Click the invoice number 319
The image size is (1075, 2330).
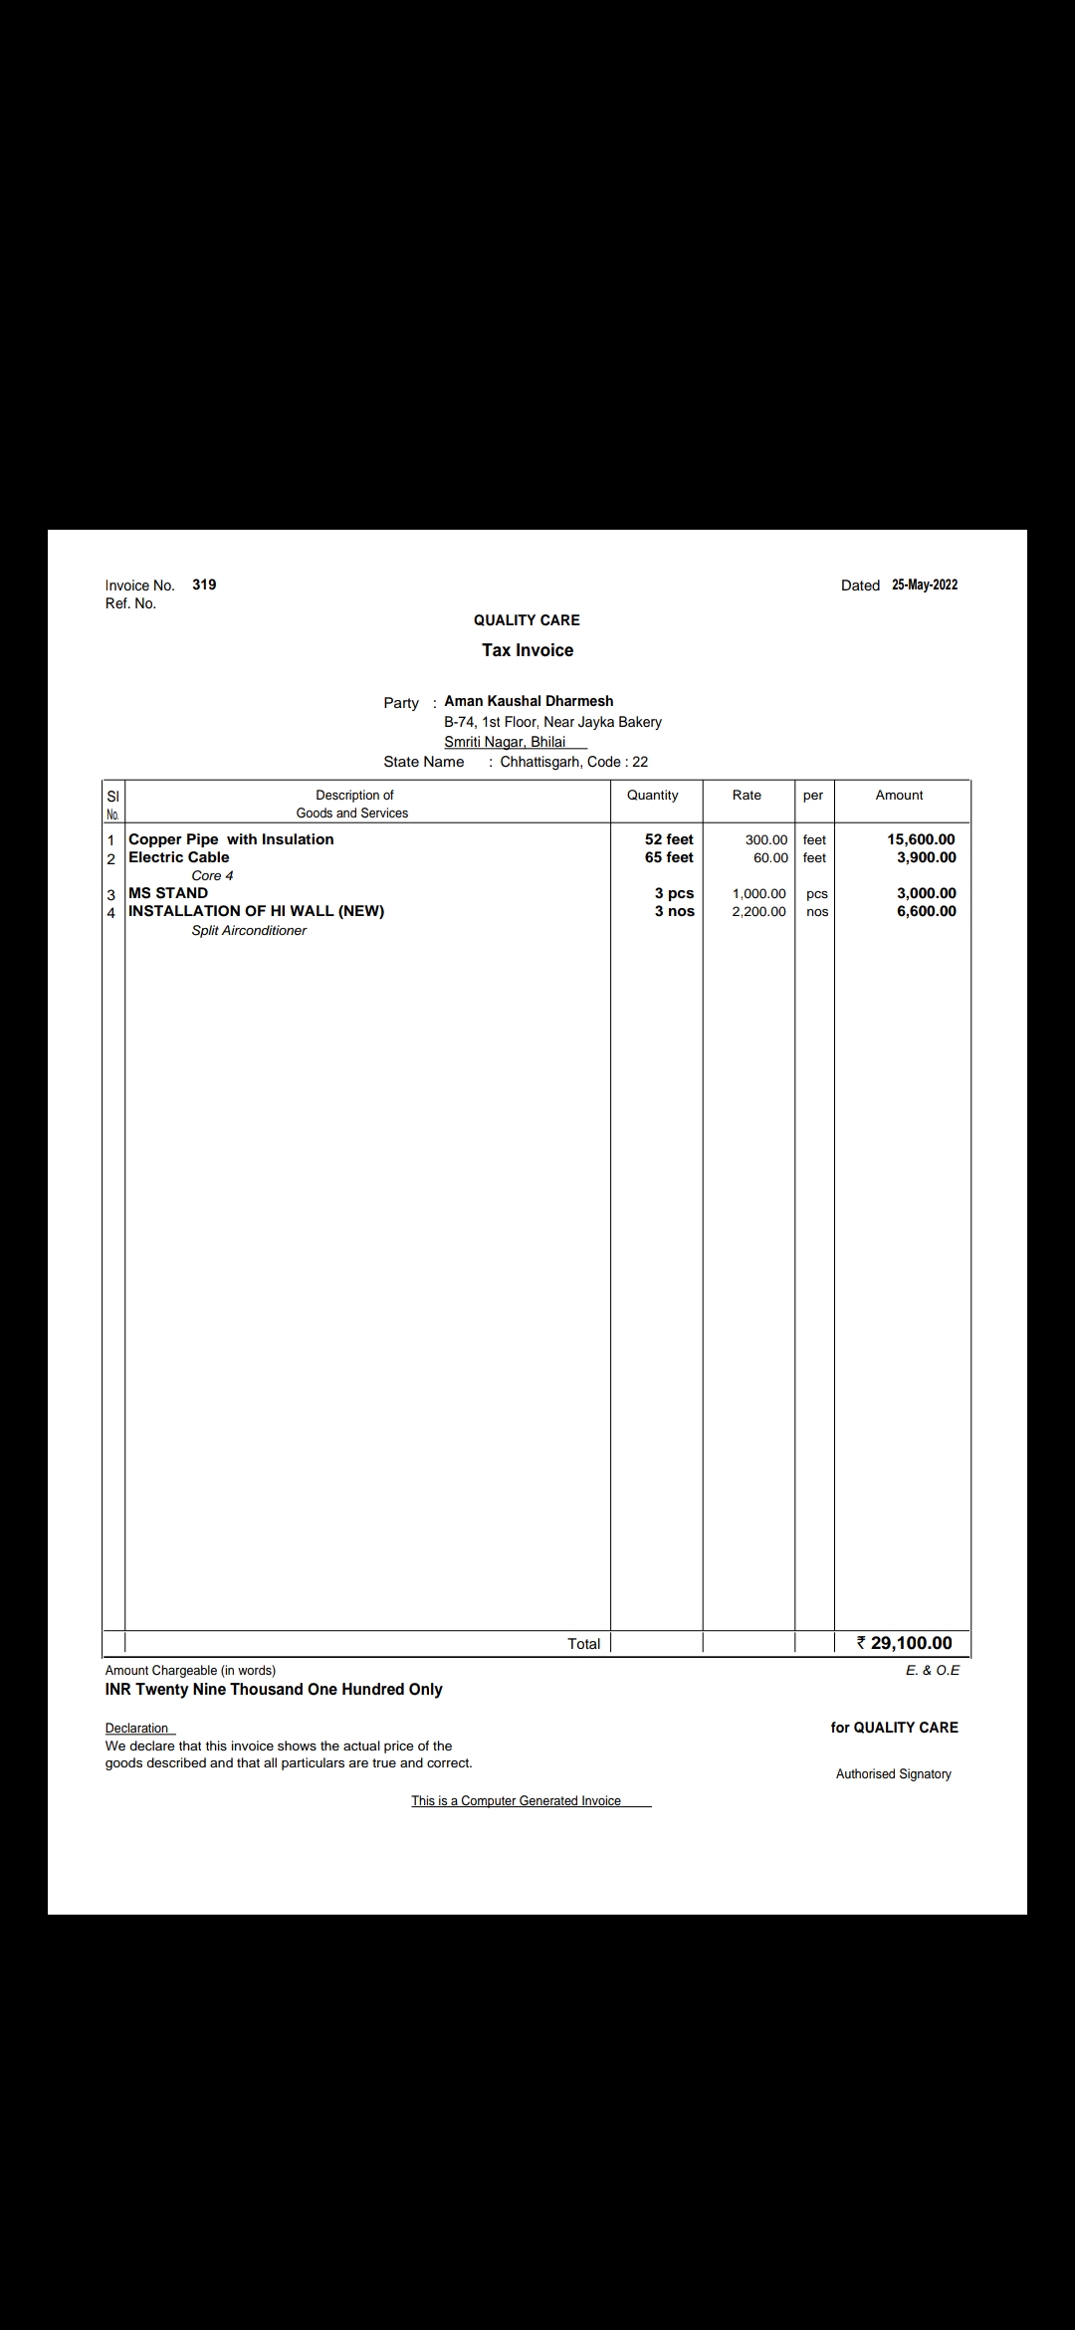[204, 584]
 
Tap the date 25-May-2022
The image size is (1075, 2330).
[925, 584]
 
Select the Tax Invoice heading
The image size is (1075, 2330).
[528, 650]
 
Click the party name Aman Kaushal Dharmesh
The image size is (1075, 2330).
[529, 701]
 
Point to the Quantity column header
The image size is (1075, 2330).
[652, 795]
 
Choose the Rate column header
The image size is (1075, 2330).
[747, 795]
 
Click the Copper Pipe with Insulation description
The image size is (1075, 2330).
[231, 839]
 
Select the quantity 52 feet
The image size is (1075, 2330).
[669, 839]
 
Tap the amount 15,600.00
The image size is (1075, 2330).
[921, 839]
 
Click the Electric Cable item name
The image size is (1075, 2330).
[179, 857]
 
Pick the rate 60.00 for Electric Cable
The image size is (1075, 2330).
[770, 857]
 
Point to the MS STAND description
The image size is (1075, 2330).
[168, 893]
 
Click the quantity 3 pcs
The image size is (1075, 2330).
[674, 893]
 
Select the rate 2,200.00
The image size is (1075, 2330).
[758, 911]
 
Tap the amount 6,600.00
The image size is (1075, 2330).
[926, 911]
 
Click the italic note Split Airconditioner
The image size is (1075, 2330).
[249, 930]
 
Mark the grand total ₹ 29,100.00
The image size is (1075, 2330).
[905, 1643]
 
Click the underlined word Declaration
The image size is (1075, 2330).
[137, 1728]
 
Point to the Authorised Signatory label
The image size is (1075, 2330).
[893, 1773]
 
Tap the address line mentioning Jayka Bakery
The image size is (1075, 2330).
[552, 722]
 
